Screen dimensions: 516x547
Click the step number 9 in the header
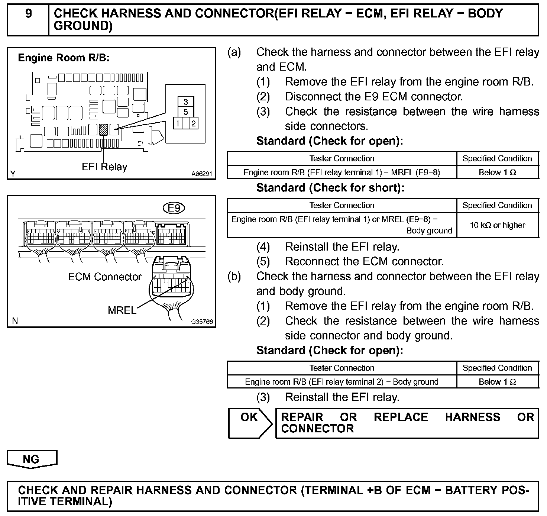[x=28, y=14]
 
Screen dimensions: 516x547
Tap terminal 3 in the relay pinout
[x=186, y=102]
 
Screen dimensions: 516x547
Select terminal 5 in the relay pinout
[x=186, y=112]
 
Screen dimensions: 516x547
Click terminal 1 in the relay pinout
[x=179, y=123]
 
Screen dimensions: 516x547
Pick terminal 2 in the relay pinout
[x=193, y=123]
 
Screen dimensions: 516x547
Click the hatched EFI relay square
[x=104, y=129]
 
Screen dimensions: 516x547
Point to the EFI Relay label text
[x=104, y=167]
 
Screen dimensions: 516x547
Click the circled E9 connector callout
[x=174, y=208]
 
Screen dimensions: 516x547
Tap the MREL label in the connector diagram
[x=122, y=310]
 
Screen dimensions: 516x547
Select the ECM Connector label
[x=105, y=277]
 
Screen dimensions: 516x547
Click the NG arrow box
[x=32, y=459]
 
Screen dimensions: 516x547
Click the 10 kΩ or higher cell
[x=497, y=225]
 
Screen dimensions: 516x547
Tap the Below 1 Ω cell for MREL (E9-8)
[x=497, y=172]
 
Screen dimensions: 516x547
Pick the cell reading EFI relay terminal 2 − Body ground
[x=342, y=382]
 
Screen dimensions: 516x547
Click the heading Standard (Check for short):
[x=330, y=188]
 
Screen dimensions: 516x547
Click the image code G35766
[x=202, y=322]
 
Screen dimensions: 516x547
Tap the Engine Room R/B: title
[x=64, y=58]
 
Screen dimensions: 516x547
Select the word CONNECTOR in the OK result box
[x=317, y=429]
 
